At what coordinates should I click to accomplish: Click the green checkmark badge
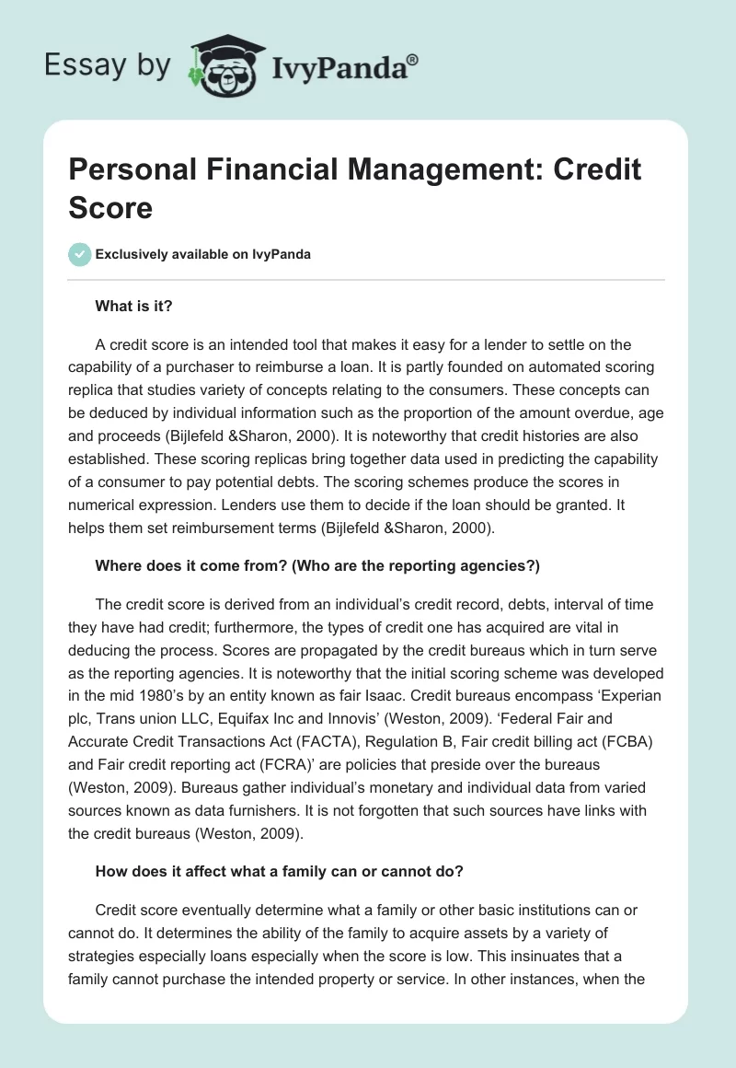[78, 254]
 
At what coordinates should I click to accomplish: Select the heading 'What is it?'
[133, 305]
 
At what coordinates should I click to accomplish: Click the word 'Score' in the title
[110, 207]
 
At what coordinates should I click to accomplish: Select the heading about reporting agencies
[316, 566]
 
